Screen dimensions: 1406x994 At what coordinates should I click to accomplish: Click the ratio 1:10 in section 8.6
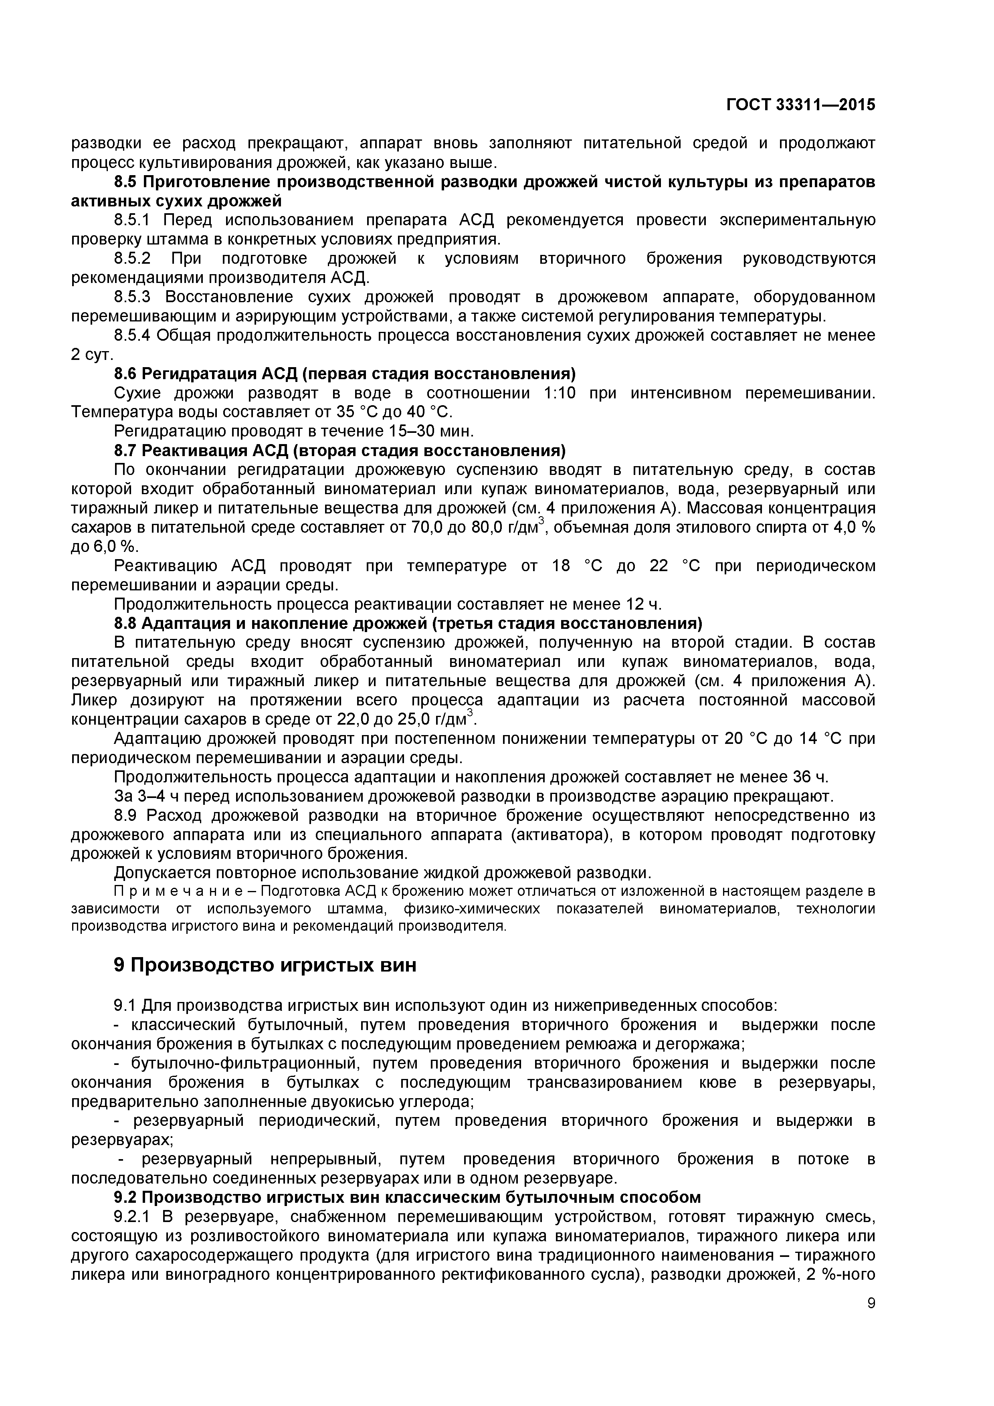[x=560, y=393]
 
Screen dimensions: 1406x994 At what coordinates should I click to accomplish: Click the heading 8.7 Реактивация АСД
[x=340, y=451]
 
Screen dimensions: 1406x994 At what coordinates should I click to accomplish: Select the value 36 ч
[x=810, y=777]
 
